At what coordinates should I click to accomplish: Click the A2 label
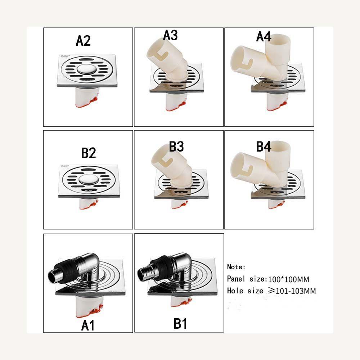tap(83, 41)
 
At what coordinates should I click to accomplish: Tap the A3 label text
tap(170, 36)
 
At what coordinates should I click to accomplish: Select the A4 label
tap(264, 36)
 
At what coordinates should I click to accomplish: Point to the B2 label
tap(88, 153)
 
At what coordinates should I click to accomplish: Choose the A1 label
tap(87, 326)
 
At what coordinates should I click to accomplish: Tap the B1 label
tap(180, 324)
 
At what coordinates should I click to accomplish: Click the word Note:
tap(236, 267)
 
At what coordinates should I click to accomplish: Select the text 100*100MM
tap(289, 279)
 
